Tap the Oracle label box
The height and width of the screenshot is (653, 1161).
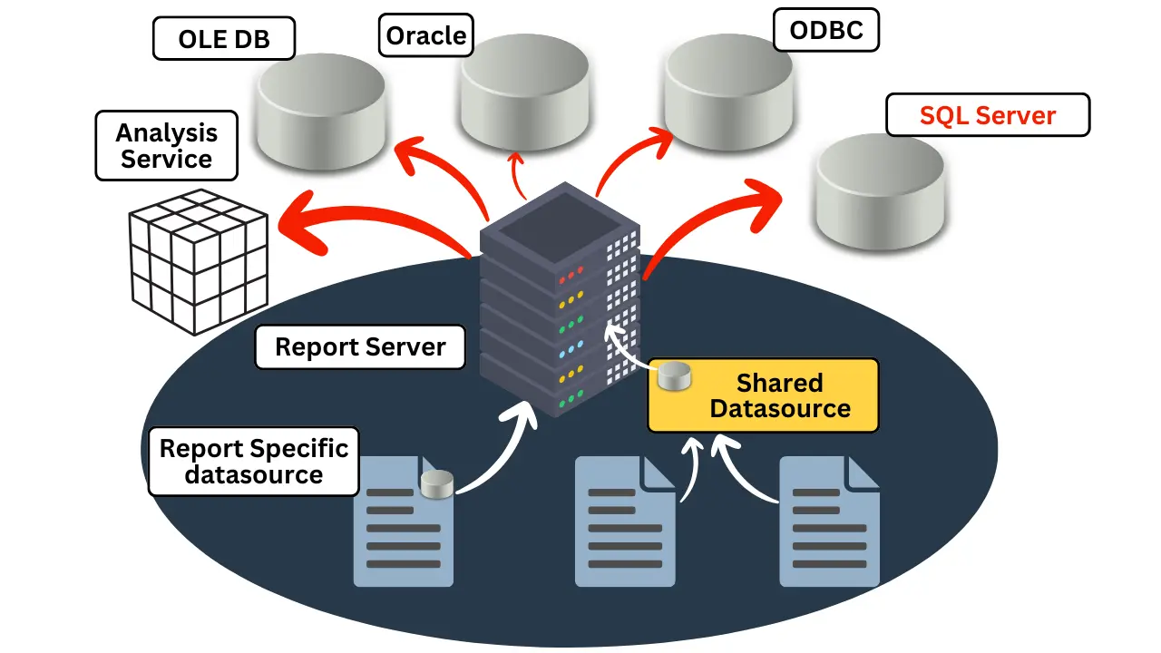click(x=425, y=36)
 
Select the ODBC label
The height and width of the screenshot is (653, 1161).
click(x=825, y=31)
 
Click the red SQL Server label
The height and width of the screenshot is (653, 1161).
click(x=987, y=115)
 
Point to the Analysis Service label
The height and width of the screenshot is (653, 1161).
click(x=166, y=145)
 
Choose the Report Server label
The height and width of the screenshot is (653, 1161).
click(x=360, y=347)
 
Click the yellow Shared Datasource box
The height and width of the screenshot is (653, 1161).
click(x=763, y=395)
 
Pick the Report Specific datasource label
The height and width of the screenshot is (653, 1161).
click(x=253, y=462)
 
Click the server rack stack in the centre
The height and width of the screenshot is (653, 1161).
click(x=560, y=299)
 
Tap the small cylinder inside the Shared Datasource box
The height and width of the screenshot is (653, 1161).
click(x=673, y=375)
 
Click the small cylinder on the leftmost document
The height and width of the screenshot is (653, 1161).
click(x=437, y=484)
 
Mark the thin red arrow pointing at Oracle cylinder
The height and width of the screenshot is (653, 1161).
click(x=520, y=174)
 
